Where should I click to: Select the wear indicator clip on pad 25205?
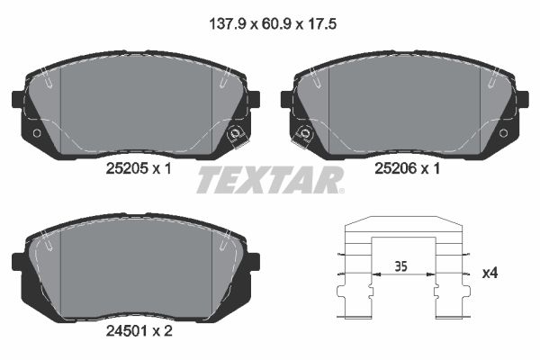coord(237,136)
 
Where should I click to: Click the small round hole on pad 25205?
coord(36,133)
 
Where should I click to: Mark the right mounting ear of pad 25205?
coord(253,99)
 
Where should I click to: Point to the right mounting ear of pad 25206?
coord(523,99)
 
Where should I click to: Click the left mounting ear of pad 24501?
coord(18,261)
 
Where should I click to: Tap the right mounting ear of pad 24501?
coord(253,261)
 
